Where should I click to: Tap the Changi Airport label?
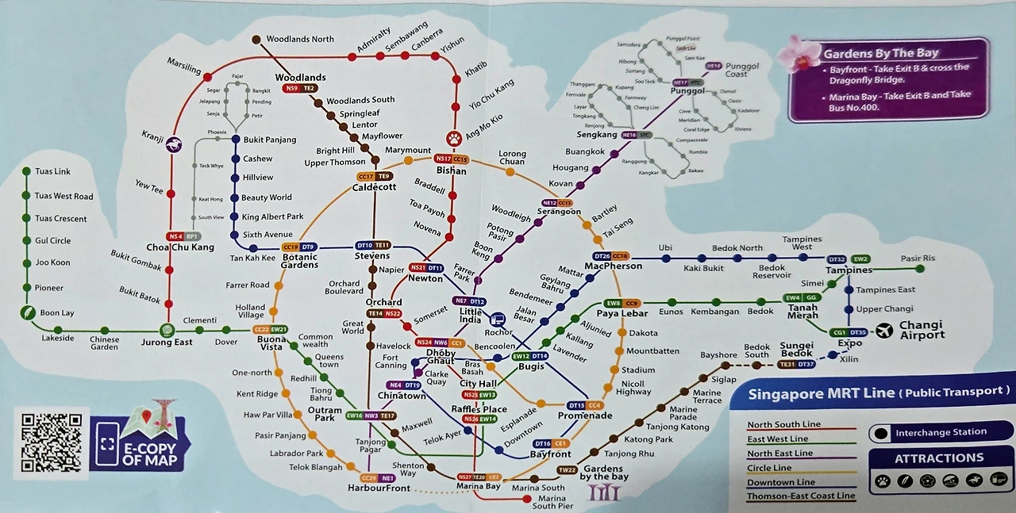click(x=922, y=330)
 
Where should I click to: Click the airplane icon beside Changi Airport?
click(x=884, y=330)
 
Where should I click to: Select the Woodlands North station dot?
click(x=256, y=39)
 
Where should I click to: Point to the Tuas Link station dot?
click(x=27, y=171)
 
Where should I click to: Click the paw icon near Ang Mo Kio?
click(x=454, y=139)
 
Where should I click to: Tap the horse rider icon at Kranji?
click(x=173, y=144)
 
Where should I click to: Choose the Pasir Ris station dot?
click(x=920, y=268)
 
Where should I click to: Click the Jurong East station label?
click(x=167, y=343)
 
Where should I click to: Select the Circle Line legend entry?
click(x=770, y=468)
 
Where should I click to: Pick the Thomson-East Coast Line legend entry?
click(x=800, y=496)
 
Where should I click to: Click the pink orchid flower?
click(x=797, y=54)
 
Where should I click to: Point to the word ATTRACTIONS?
click(x=939, y=458)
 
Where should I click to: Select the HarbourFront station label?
click(x=380, y=488)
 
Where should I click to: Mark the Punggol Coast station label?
click(x=742, y=70)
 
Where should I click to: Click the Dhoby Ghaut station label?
click(x=441, y=356)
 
